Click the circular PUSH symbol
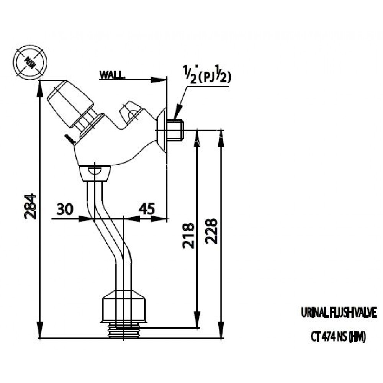pyautogui.click(x=29, y=62)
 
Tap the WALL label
pyautogui.click(x=111, y=75)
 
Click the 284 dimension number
pyautogui.click(x=31, y=206)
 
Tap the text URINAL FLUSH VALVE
pyautogui.click(x=339, y=313)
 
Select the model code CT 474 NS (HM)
pyautogui.click(x=338, y=337)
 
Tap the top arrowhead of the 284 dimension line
pyautogui.click(x=40, y=85)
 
